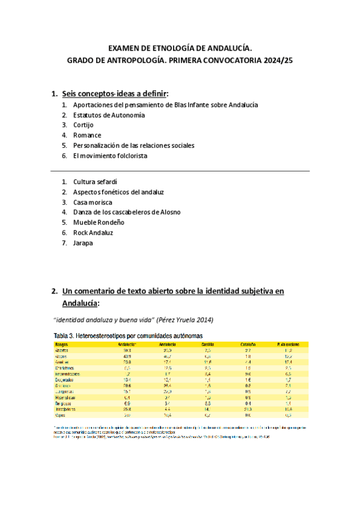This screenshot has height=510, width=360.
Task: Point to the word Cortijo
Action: pyautogui.click(x=84, y=125)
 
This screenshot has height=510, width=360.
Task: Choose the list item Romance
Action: pyautogui.click(x=87, y=135)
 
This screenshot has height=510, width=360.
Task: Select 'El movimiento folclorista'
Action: pyautogui.click(x=110, y=156)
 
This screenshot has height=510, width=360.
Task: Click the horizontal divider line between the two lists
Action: pyautogui.click(x=180, y=171)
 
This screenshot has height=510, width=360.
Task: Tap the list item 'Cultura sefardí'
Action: pyautogui.click(x=95, y=182)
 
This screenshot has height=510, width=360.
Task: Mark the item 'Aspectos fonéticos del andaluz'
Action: pyautogui.click(x=118, y=192)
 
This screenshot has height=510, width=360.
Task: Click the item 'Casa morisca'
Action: pyautogui.click(x=93, y=202)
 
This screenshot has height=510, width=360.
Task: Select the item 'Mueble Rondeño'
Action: pyautogui.click(x=99, y=223)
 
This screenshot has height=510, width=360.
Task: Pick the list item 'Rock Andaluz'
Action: pyautogui.click(x=93, y=233)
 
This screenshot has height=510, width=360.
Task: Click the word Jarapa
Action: pyautogui.click(x=84, y=243)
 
